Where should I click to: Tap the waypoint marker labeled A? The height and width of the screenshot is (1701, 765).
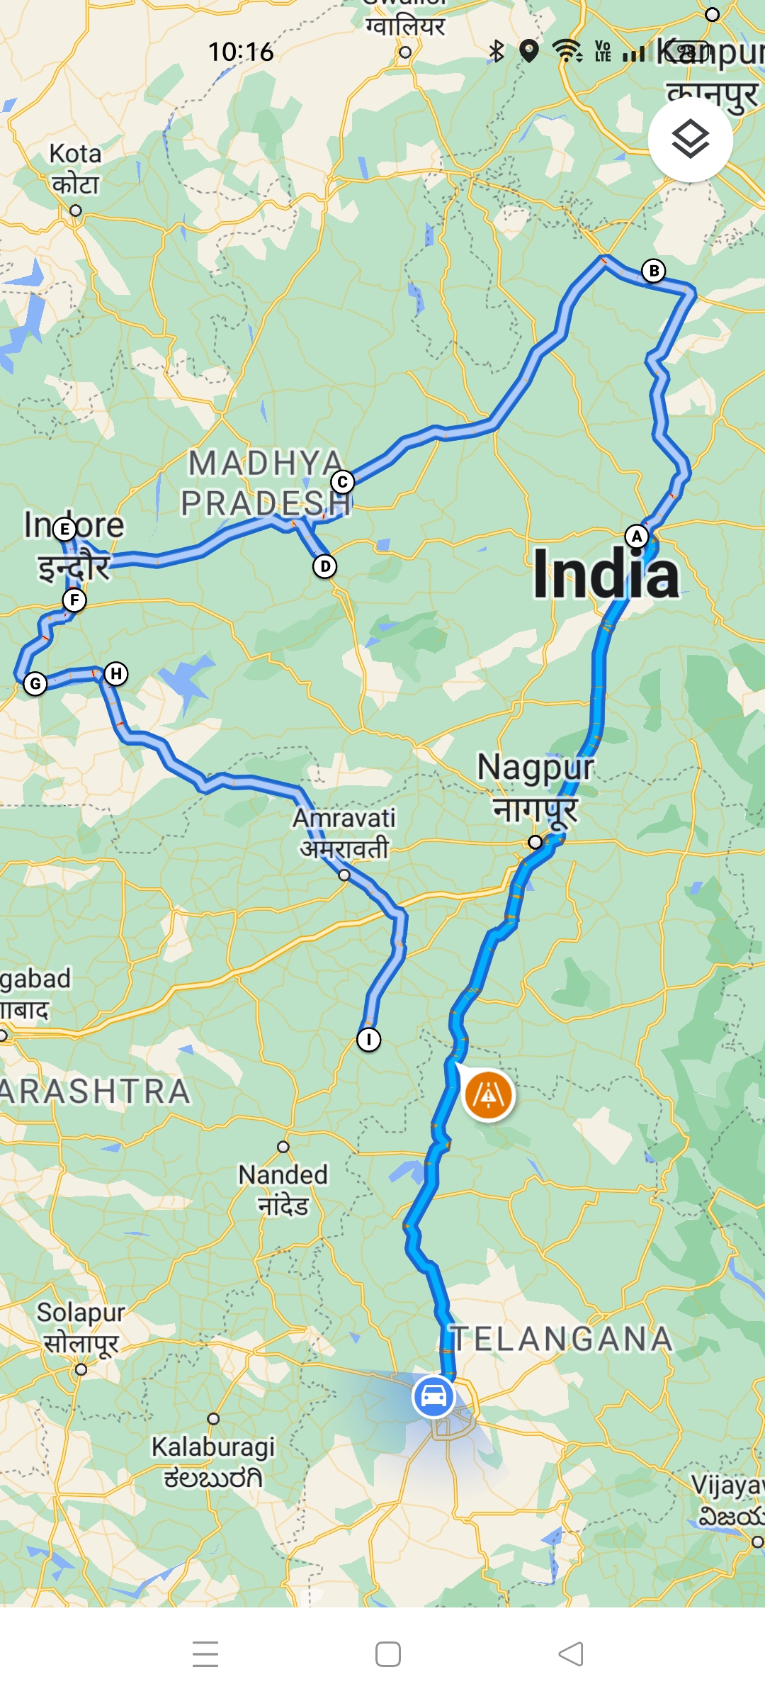(637, 537)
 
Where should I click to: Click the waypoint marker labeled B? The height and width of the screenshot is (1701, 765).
(654, 271)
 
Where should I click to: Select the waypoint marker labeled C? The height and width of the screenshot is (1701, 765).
(343, 483)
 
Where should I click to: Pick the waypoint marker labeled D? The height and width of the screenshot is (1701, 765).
(325, 566)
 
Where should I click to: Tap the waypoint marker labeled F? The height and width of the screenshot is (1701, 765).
(74, 600)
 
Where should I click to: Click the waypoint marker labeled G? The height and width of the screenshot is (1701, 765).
(35, 684)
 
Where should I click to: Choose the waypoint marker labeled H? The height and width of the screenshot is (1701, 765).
(116, 673)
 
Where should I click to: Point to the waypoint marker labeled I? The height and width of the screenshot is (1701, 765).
(368, 1040)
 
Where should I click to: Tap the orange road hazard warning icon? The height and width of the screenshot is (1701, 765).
(488, 1096)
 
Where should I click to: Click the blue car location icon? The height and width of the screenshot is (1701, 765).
(433, 1396)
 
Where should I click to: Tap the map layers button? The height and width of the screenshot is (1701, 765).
(690, 140)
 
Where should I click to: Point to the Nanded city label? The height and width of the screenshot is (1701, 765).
(283, 1189)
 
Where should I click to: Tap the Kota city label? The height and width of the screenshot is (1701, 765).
(75, 169)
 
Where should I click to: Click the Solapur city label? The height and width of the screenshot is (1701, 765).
(81, 1326)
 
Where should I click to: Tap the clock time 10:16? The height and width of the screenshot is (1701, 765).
(241, 52)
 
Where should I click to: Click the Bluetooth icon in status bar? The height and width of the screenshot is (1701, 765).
(497, 51)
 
